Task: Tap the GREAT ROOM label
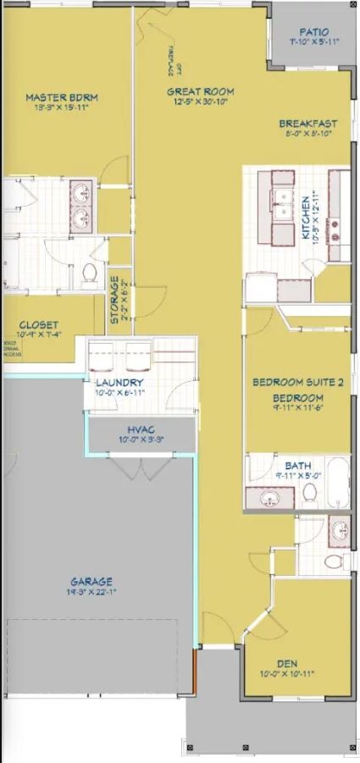point(200,91)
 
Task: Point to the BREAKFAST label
point(307,124)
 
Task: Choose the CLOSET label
point(39,325)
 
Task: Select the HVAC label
point(141,429)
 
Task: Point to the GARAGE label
point(91,582)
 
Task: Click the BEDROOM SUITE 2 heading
point(298,383)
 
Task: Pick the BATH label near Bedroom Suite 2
point(298,465)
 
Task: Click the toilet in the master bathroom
point(88,274)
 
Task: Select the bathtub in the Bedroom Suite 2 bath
point(335,482)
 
